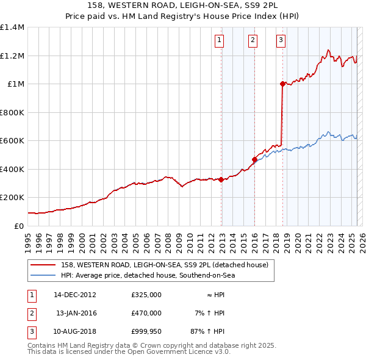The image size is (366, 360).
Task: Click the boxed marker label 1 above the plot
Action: point(218,41)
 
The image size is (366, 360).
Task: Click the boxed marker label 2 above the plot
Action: point(253,41)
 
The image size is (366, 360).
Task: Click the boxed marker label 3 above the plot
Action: point(281,41)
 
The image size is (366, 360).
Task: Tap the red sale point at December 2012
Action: point(221,179)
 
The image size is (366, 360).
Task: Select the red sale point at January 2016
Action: point(254,159)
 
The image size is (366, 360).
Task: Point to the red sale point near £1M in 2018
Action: point(282,84)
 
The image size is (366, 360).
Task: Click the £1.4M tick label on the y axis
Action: point(12,27)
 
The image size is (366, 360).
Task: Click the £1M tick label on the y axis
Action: point(16,84)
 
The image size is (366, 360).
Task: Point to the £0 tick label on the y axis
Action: point(19,226)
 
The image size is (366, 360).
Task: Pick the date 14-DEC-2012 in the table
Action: point(75,294)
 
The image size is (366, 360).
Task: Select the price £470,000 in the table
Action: point(146,313)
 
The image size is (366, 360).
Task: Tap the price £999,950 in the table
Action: point(146,332)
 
